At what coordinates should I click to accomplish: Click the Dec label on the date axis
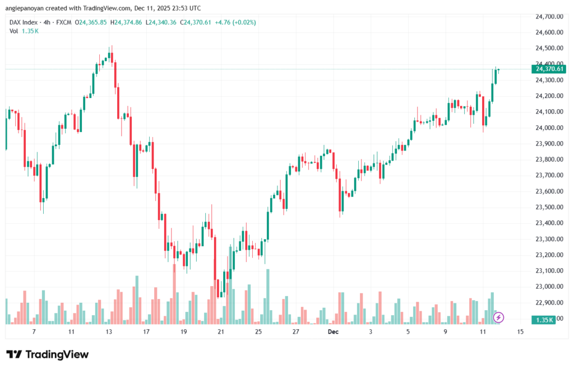click(x=334, y=332)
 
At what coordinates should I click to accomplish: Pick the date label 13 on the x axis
click(x=108, y=332)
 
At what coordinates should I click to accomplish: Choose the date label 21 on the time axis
click(x=221, y=332)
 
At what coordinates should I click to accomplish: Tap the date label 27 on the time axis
click(x=296, y=332)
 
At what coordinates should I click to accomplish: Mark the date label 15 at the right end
click(x=520, y=332)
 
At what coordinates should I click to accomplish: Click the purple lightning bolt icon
click(x=498, y=317)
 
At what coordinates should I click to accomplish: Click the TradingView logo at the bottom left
click(x=48, y=355)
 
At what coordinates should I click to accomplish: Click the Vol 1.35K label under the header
click(x=23, y=31)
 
